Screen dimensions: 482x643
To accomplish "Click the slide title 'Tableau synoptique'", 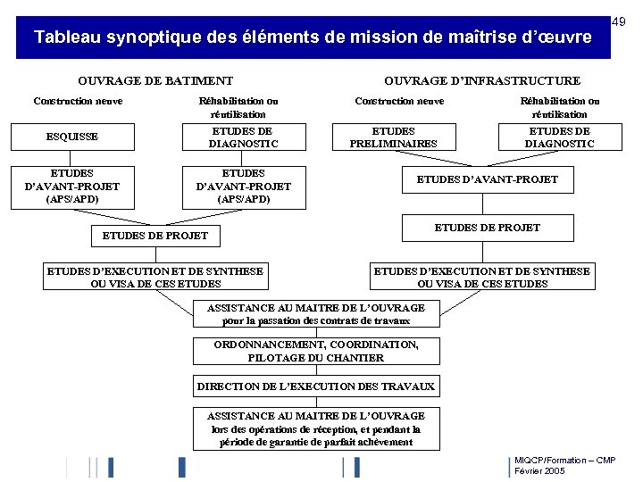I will tap(313, 37).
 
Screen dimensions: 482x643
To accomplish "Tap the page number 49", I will tap(617, 21).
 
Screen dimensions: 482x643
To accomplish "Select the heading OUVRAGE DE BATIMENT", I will tap(155, 80).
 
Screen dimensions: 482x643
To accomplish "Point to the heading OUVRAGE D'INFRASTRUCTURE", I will tap(482, 80).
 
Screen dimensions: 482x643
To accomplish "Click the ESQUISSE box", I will tap(72, 137).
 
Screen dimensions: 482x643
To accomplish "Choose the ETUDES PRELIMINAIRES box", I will tap(393, 137).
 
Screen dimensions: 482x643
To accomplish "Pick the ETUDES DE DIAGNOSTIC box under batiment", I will tap(244, 137).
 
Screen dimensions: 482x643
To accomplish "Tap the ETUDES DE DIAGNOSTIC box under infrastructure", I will tap(559, 137).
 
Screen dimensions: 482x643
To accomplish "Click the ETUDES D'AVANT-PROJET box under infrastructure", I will tap(488, 179).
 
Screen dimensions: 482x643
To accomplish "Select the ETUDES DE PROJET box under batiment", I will tap(155, 236).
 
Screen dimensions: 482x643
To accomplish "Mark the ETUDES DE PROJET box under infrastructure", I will tap(488, 228).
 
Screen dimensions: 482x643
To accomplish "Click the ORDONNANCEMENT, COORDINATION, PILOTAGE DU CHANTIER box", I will tap(316, 351).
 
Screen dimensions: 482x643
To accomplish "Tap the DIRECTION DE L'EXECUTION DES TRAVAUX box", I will tap(316, 386).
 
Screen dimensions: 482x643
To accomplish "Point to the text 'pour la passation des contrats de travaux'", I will tap(316, 320).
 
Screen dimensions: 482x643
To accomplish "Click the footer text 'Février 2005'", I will tap(539, 470).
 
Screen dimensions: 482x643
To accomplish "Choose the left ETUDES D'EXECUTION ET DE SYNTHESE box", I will tap(155, 278).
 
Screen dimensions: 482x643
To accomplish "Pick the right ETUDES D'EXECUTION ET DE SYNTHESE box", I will tap(482, 278).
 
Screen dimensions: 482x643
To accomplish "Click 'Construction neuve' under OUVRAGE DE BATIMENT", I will tap(78, 101).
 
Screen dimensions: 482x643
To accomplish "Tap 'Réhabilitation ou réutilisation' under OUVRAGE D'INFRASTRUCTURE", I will tap(560, 107).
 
